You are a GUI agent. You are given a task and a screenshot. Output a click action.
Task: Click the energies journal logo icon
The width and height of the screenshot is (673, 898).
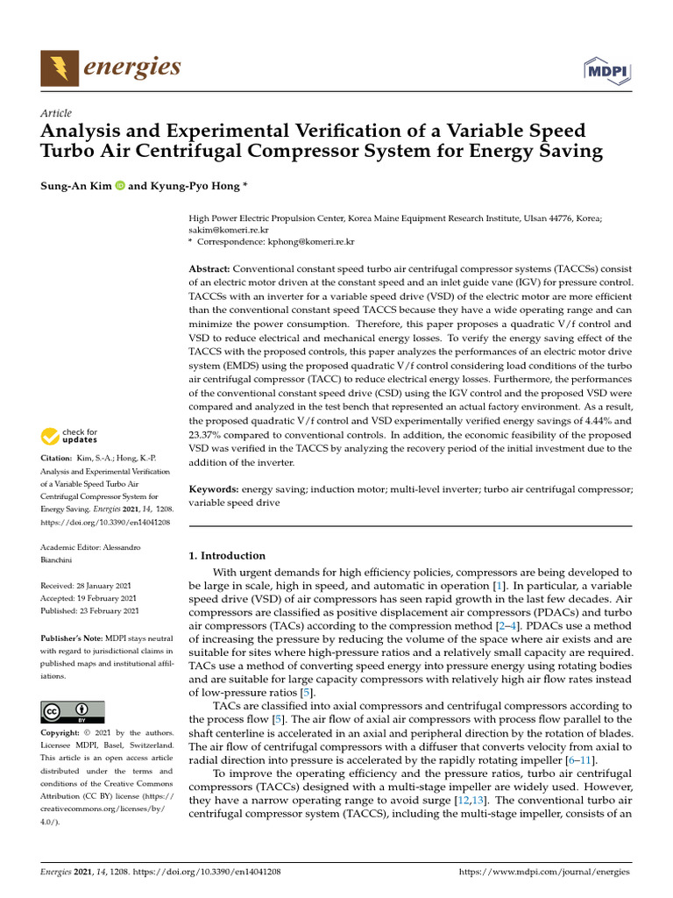click(x=60, y=68)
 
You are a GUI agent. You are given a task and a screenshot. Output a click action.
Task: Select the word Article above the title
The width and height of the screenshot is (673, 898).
click(x=56, y=113)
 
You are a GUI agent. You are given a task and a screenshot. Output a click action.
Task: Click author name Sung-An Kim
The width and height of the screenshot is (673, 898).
click(x=75, y=186)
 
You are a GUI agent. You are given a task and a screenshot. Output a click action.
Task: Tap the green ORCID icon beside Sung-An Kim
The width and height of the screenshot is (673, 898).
click(x=119, y=186)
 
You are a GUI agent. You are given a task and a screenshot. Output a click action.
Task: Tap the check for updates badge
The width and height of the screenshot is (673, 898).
click(x=70, y=436)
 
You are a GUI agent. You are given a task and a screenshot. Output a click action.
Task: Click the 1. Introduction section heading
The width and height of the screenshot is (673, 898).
click(x=227, y=555)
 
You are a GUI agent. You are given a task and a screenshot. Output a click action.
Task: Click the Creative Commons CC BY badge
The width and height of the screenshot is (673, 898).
click(x=73, y=711)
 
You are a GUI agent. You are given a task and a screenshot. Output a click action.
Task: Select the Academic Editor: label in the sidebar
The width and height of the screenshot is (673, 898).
click(x=70, y=546)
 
